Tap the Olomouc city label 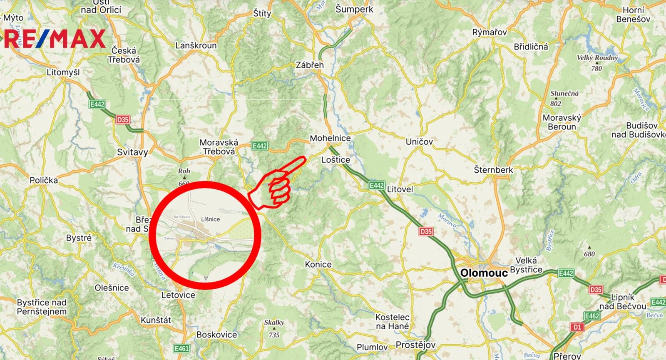(484, 273)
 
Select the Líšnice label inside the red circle (210, 219)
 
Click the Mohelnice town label (330, 138)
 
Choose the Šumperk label (354, 9)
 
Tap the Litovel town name (400, 189)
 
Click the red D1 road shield (577, 327)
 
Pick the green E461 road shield (181, 348)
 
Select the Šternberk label (493, 170)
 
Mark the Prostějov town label (415, 345)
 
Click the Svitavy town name (132, 152)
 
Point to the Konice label (318, 265)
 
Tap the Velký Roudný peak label (597, 58)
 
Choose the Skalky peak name (274, 323)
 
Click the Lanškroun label (196, 45)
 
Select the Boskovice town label (216, 335)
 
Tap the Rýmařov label (490, 32)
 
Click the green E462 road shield (591, 316)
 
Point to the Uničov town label (419, 142)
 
